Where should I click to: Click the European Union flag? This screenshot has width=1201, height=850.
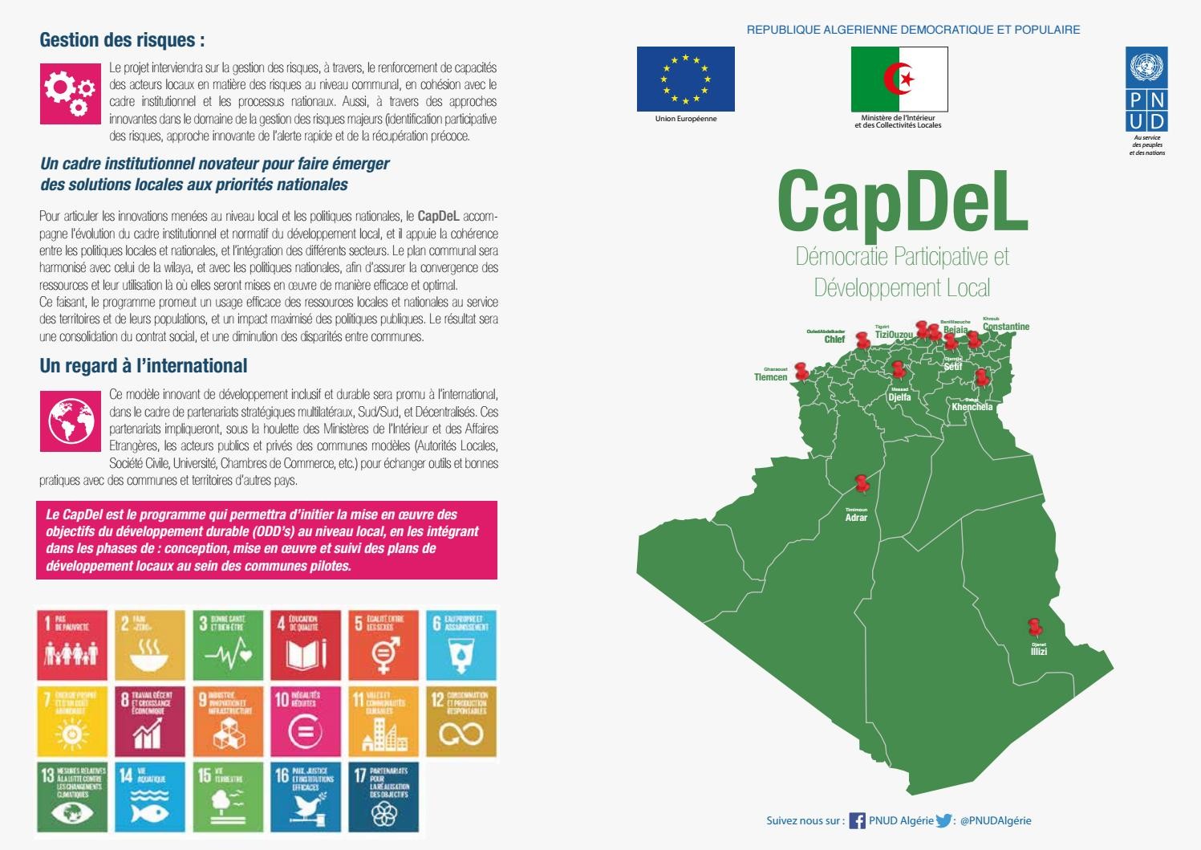(x=685, y=79)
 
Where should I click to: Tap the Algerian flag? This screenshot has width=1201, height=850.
(x=899, y=79)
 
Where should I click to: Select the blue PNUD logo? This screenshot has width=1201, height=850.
(x=1146, y=88)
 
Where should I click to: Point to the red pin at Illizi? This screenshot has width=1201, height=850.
(x=1034, y=626)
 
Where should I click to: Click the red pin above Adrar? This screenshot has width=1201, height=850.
(x=862, y=483)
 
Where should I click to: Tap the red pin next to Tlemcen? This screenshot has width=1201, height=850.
(x=801, y=370)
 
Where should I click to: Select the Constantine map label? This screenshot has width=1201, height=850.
(x=1005, y=327)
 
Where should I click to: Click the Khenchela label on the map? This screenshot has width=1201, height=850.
(x=972, y=407)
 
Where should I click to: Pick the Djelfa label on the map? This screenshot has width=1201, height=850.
(x=899, y=397)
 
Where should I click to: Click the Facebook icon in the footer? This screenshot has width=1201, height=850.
(x=857, y=821)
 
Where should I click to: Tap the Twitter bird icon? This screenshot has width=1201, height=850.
(x=943, y=821)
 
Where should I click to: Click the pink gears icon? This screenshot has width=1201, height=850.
(x=71, y=93)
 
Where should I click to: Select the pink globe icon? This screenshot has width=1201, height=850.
(x=71, y=421)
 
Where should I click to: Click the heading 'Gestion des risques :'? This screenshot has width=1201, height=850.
(x=122, y=40)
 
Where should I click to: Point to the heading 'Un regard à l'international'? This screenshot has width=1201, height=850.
(x=144, y=366)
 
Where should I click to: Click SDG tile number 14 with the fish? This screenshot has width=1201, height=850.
(x=149, y=796)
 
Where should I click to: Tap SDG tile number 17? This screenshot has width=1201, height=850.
(x=383, y=796)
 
